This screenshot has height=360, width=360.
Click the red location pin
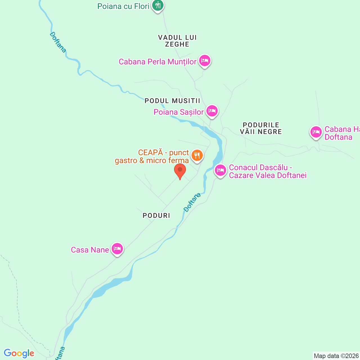[x=180, y=171]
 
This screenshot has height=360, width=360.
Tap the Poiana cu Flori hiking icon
[x=158, y=5]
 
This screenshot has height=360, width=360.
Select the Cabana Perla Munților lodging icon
[x=205, y=60]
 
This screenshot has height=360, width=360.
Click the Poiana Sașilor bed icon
[x=212, y=111]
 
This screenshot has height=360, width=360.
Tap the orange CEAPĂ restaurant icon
[x=197, y=155]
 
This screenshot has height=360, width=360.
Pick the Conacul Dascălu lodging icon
[x=220, y=170]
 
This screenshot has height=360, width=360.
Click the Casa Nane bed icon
[x=117, y=249]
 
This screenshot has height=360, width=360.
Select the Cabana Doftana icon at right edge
[x=316, y=132]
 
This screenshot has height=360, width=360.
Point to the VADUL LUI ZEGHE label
[x=177, y=41]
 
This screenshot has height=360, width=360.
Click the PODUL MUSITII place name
[x=172, y=101]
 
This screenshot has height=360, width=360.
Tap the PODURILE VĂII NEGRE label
[x=261, y=128]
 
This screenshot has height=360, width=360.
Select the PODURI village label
[x=156, y=215]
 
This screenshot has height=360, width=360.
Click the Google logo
[x=19, y=353]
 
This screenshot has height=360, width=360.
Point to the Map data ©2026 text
[x=336, y=356]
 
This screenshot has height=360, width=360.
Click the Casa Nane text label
[x=90, y=250]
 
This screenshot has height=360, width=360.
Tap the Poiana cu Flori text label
[x=123, y=6]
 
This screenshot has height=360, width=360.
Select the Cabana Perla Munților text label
[x=157, y=62]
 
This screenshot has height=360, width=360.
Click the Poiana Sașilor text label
[x=179, y=112]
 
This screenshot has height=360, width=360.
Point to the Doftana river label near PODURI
[x=192, y=202]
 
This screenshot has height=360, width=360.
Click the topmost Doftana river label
[x=58, y=42]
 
